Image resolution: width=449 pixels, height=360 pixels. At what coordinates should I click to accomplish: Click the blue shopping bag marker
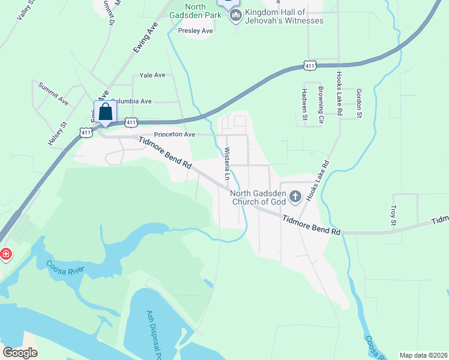[x=106, y=112]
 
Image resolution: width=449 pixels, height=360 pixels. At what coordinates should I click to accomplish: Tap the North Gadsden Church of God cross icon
[x=295, y=196]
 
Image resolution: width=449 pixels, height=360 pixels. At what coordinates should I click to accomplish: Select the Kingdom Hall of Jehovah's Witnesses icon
[x=235, y=16]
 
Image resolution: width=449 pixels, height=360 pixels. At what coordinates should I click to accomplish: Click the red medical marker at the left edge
[x=5, y=254]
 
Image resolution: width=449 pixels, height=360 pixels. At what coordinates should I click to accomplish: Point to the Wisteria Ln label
[x=228, y=164]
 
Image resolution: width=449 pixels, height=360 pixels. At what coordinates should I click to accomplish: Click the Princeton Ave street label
[x=174, y=135]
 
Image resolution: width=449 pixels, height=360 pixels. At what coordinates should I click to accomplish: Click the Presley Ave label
[x=196, y=31]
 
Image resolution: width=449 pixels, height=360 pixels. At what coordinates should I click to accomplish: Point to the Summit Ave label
[x=53, y=94]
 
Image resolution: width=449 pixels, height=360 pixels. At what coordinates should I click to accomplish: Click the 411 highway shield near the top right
[x=309, y=65]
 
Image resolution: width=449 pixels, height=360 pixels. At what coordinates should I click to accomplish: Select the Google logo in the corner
[x=20, y=353]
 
